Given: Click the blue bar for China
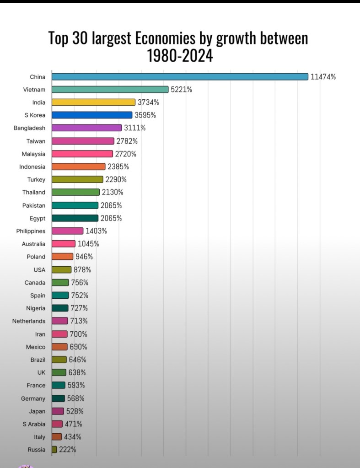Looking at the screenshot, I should point(180,76).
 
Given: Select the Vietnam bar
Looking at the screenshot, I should point(110,90).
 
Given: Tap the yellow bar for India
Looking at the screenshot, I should point(93,102).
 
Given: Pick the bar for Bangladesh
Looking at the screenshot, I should point(86,128).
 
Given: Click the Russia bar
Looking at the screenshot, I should point(54,450).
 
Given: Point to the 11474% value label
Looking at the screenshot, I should point(323,77).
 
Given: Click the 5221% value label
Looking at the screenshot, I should point(181,90).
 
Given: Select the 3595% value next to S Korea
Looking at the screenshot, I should point(145,115).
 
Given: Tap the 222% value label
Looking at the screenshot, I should point(68,450).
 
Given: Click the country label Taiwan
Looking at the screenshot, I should point(36,141).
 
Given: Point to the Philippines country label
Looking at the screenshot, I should point(31,231).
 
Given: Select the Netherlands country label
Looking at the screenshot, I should point(29,321).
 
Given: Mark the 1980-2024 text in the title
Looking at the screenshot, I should point(180,56).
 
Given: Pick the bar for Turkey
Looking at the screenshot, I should point(77,179).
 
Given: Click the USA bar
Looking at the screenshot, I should point(61,269).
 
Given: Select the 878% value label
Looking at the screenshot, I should point(82,269).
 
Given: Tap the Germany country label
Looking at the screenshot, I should point(33,398).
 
